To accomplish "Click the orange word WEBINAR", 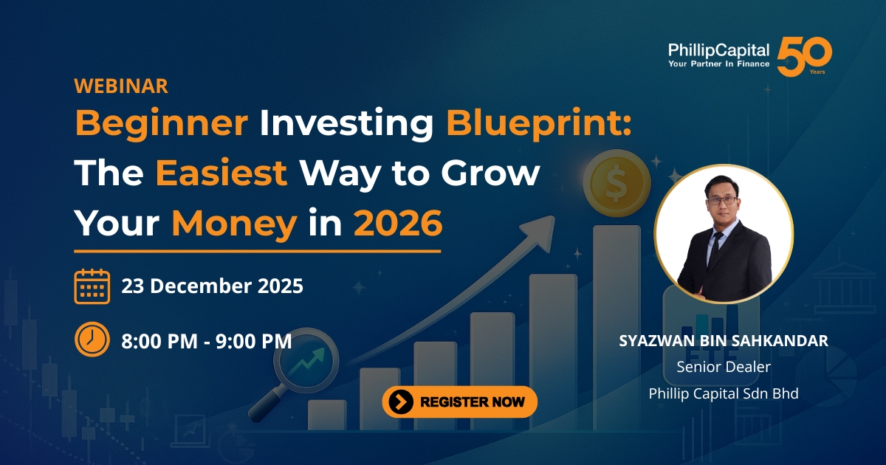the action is tap(121, 86).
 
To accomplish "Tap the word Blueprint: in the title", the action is tap(539, 123).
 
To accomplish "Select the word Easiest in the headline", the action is tap(221, 173).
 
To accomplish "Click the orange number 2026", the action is tap(398, 224).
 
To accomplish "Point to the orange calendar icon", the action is tap(92, 286).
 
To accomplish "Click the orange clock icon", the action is tap(92, 340).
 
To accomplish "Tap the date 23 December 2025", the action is tap(213, 286).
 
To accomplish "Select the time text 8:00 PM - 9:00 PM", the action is tap(207, 341).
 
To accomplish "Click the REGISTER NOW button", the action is tap(459, 402).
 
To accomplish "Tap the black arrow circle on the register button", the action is tap(401, 402).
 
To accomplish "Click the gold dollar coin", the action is tap(617, 183).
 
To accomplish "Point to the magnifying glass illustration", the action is tap(295, 373).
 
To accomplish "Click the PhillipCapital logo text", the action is tap(718, 51).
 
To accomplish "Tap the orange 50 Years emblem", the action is tap(805, 57).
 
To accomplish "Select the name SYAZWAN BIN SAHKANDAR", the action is tap(724, 341).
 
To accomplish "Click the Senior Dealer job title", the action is tap(724, 367).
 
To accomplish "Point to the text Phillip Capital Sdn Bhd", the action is tap(724, 394).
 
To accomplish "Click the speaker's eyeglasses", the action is tap(722, 201).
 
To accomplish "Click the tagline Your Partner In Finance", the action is tap(718, 63).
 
